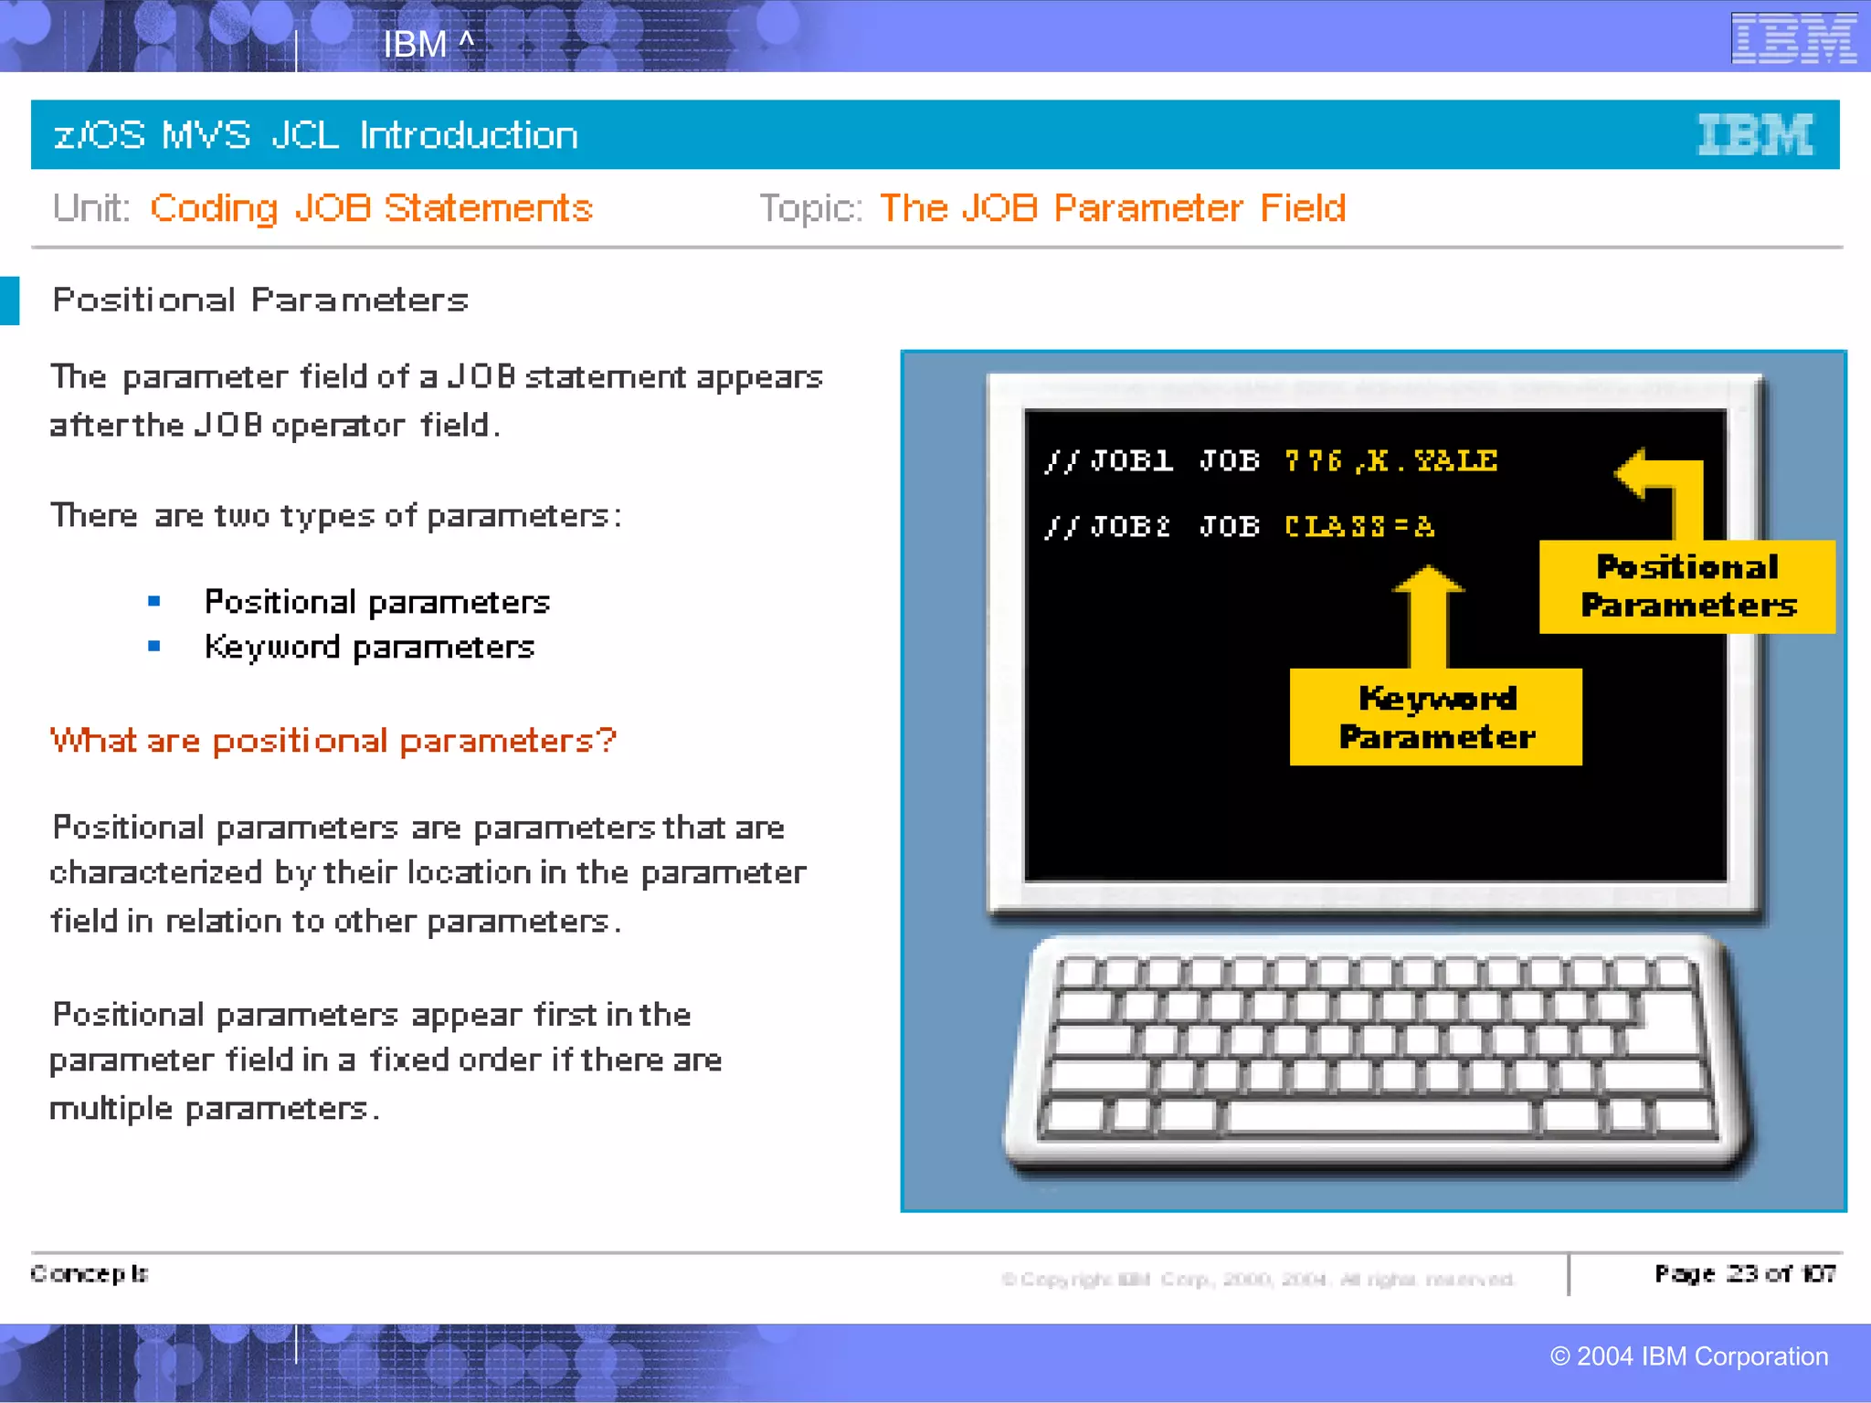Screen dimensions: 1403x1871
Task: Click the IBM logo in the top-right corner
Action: pyautogui.click(x=1793, y=38)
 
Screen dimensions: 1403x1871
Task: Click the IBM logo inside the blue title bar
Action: pyautogui.click(x=1754, y=135)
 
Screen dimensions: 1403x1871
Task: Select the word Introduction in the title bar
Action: pyautogui.click(x=469, y=135)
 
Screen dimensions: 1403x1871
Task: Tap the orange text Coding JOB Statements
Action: pyautogui.click(x=371, y=208)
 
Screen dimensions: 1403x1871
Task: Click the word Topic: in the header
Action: pyautogui.click(x=810, y=208)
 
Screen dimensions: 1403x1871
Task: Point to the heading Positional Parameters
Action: pyautogui.click(x=260, y=300)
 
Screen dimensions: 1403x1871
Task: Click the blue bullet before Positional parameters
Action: pyautogui.click(x=154, y=601)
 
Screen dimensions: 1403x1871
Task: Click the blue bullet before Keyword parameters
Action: pyautogui.click(x=154, y=647)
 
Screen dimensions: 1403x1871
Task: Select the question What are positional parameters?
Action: pyautogui.click(x=333, y=740)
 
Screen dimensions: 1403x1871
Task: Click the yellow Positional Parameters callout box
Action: pyautogui.click(x=1686, y=586)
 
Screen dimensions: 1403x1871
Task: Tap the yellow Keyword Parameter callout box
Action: pyautogui.click(x=1435, y=717)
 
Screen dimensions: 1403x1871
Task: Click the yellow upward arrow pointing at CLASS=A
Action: pyautogui.click(x=1428, y=617)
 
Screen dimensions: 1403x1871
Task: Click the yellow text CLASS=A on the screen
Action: pyautogui.click(x=1358, y=526)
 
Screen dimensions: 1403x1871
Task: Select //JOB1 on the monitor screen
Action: pyautogui.click(x=1108, y=460)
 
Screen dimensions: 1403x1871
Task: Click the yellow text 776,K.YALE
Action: pyautogui.click(x=1390, y=460)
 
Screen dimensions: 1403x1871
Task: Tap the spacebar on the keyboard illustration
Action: pyautogui.click(x=1379, y=1115)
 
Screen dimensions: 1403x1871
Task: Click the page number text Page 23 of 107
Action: pyautogui.click(x=1744, y=1273)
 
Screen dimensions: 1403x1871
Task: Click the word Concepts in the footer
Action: pyautogui.click(x=89, y=1273)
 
